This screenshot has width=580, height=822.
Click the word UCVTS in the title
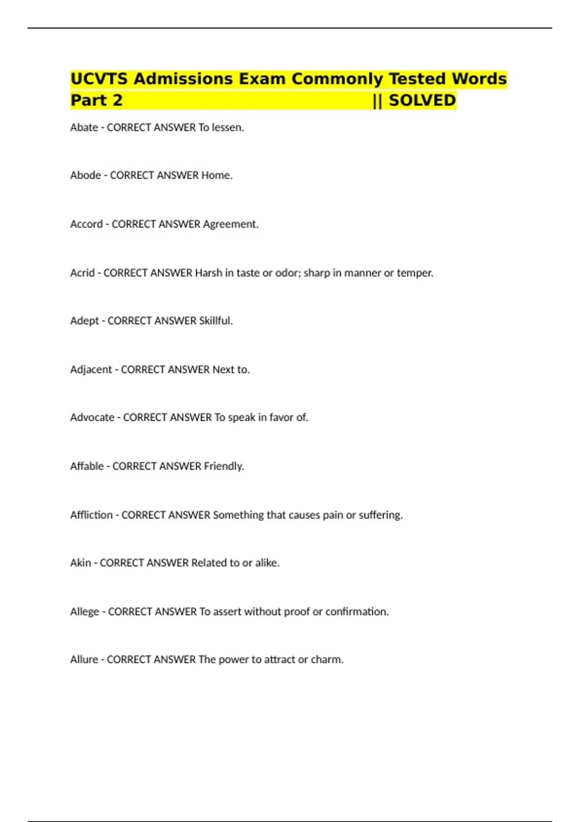99,79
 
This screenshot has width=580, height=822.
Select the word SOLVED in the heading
422,101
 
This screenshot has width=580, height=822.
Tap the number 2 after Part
117,101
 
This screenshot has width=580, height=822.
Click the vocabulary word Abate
84,128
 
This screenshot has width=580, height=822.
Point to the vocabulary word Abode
86,176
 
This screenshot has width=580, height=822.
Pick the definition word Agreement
231,224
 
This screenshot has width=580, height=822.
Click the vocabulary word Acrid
82,273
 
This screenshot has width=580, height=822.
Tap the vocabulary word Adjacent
91,370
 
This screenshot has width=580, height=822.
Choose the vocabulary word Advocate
92,418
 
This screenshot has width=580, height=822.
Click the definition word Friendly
223,467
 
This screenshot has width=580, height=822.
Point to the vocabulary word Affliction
91,515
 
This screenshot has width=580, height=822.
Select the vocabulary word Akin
81,563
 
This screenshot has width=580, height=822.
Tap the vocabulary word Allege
85,612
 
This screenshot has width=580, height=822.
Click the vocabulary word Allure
84,660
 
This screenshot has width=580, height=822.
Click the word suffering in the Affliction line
380,515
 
